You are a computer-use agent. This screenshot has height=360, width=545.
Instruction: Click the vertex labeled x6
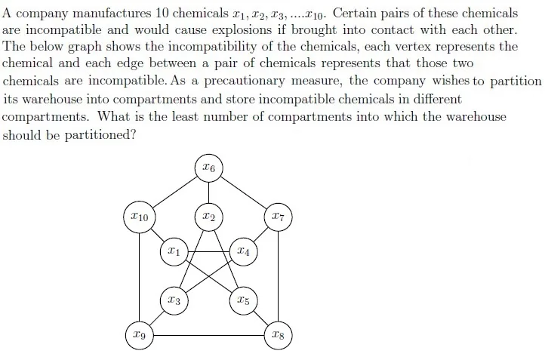(x=208, y=168)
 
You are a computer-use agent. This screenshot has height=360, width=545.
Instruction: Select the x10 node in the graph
(x=140, y=217)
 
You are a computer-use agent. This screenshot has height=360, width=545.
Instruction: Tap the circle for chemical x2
(x=208, y=217)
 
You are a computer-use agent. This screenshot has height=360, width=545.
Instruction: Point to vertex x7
(x=278, y=217)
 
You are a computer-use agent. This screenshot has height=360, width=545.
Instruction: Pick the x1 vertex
(x=174, y=251)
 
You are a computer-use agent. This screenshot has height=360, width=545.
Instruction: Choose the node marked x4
(x=244, y=251)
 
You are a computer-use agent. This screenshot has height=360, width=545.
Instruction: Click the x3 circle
(x=174, y=300)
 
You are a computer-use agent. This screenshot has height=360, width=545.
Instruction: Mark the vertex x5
(x=244, y=300)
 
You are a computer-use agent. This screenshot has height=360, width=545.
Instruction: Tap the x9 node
(x=140, y=335)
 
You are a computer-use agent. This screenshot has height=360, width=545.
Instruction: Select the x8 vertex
(x=278, y=335)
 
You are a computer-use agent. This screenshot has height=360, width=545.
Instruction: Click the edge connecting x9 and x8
(x=208, y=335)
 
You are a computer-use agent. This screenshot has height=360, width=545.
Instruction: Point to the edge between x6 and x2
(x=208, y=192)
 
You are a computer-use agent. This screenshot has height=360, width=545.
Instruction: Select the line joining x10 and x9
(x=140, y=277)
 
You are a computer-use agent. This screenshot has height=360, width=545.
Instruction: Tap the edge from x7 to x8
(x=278, y=276)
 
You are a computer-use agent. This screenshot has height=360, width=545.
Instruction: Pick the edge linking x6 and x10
(x=174, y=192)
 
